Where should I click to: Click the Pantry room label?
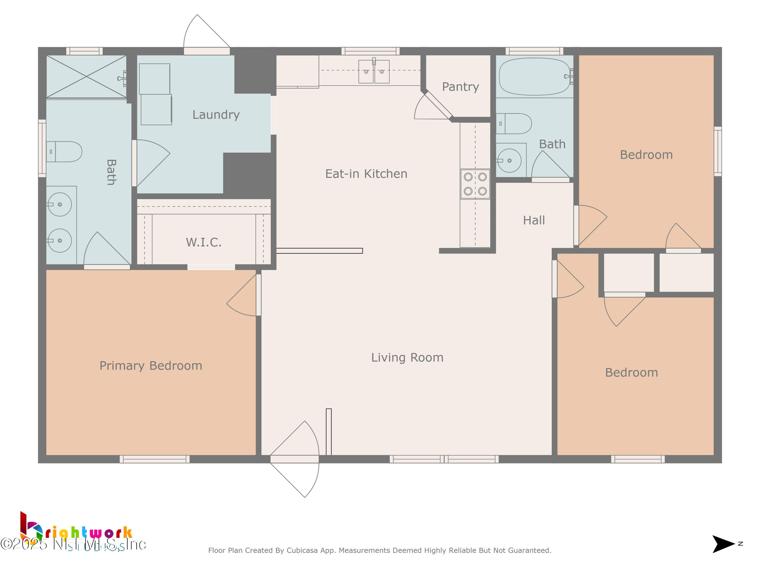click(x=460, y=87)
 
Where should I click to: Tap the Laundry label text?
click(x=216, y=115)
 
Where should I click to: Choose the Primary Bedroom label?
click(x=150, y=366)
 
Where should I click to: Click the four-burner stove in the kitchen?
click(x=475, y=184)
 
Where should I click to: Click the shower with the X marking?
click(x=86, y=77)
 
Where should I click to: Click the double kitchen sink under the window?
click(x=374, y=72)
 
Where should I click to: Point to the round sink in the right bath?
click(x=509, y=160)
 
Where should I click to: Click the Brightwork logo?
click(x=75, y=531)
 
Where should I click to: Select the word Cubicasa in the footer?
click(x=302, y=550)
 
